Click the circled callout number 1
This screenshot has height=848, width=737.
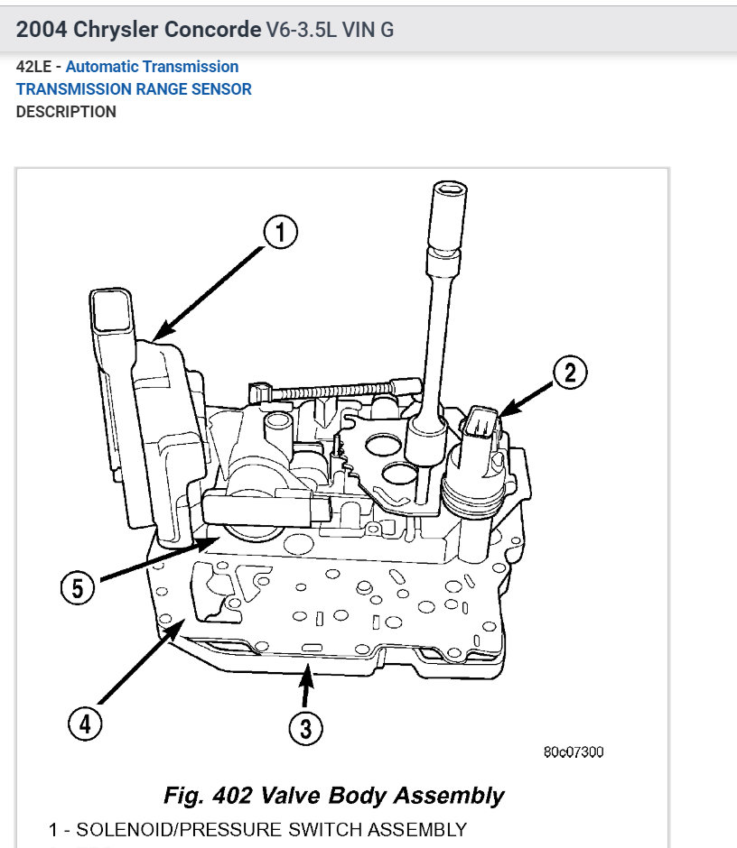[280, 234]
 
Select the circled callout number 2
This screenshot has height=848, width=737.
[570, 373]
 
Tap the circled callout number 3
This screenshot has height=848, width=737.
[305, 728]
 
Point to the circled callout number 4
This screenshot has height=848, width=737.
[84, 724]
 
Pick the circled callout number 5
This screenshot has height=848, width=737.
[78, 588]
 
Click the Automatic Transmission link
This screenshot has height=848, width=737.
[152, 67]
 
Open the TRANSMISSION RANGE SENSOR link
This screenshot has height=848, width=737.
[134, 89]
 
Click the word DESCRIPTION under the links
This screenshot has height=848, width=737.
[66, 112]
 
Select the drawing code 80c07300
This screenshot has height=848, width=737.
[574, 751]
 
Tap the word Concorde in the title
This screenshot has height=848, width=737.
[213, 29]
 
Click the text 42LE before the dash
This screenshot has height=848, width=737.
[33, 67]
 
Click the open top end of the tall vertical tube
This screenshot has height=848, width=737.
[448, 189]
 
